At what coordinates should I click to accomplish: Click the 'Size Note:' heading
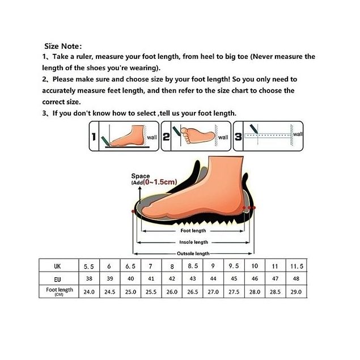pos(63,46)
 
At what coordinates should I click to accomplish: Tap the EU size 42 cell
pos(172,278)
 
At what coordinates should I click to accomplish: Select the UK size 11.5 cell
pos(297,266)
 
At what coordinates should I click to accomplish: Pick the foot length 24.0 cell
pos(89,292)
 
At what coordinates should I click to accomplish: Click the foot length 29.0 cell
pos(296,292)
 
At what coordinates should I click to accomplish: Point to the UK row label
pos(57,266)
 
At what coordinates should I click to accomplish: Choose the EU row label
pos(57,279)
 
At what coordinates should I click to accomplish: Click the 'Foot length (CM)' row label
pos(59,291)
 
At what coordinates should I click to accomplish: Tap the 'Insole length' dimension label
pos(193,242)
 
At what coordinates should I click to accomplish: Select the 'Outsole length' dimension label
pos(193,253)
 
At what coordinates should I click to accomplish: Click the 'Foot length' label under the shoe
pos(193,231)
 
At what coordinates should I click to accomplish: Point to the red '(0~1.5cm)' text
pos(160,182)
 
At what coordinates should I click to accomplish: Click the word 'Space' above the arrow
pos(140,176)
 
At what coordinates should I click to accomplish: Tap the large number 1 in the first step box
pos(94,137)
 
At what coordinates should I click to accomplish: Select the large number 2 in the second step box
pos(166,137)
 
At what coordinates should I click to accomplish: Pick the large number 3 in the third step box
pos(238,137)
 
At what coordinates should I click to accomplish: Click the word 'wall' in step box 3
pos(298,134)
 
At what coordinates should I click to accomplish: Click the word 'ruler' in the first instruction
pos(84,57)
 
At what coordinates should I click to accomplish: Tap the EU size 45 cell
pos(234,278)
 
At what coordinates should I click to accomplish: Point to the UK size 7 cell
pos(151,266)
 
